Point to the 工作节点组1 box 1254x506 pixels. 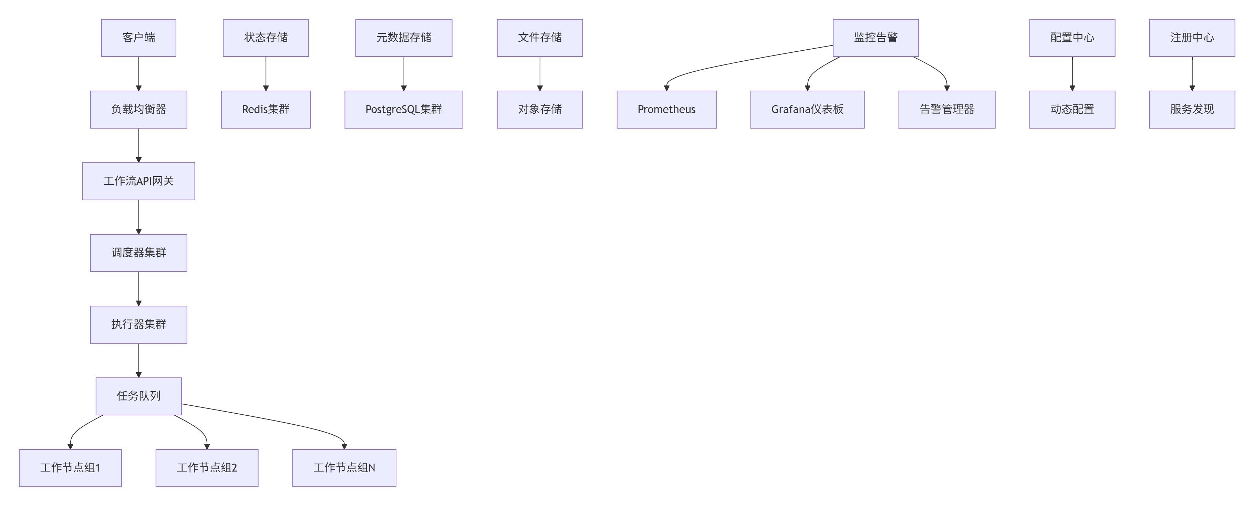(x=70, y=467)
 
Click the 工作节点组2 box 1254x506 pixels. (x=207, y=467)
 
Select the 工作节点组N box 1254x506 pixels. (x=344, y=467)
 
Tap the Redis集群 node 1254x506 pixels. (x=266, y=109)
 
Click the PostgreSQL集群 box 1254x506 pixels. (x=404, y=109)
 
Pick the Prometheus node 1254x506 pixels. (x=666, y=109)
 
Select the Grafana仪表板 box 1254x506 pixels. (x=807, y=109)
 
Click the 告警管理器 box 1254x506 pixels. (x=947, y=109)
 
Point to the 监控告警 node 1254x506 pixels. (x=875, y=38)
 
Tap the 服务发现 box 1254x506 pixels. (x=1192, y=109)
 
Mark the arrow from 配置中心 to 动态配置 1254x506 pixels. (x=1072, y=73)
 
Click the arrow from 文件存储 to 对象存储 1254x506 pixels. (x=539, y=73)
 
